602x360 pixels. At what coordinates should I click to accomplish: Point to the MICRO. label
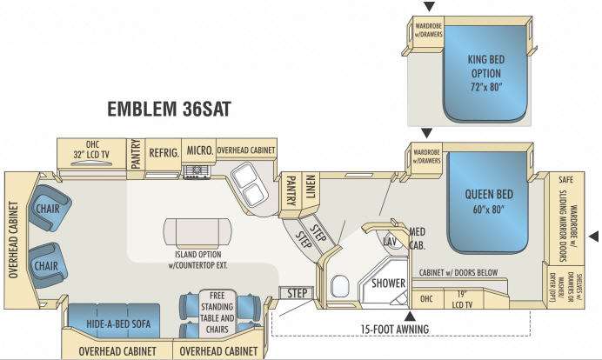pos(199,150)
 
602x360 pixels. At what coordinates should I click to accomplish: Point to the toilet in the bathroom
pos(340,284)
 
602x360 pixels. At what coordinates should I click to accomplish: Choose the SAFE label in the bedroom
pos(565,180)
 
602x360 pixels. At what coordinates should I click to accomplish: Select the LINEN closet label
pos(310,186)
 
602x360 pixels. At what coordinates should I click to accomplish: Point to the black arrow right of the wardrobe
pos(595,235)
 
